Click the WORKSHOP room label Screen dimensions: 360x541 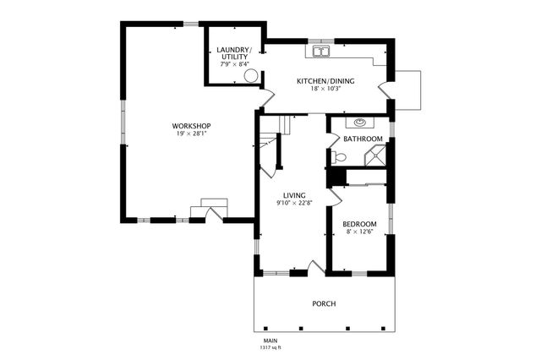click(x=192, y=126)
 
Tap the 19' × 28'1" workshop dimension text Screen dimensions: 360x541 click(x=192, y=134)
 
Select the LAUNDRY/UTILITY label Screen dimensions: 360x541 click(x=234, y=53)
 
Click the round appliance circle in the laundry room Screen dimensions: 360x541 click(x=251, y=76)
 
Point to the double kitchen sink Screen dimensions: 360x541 click(x=322, y=52)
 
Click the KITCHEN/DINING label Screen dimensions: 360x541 click(x=325, y=80)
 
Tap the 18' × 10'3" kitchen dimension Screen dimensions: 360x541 click(x=325, y=88)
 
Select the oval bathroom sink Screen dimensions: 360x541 click(x=360, y=123)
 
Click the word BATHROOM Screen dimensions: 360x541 click(x=363, y=139)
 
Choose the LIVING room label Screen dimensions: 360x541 click(x=294, y=195)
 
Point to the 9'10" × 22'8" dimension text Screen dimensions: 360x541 click(x=294, y=203)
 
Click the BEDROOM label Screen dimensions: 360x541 click(x=359, y=224)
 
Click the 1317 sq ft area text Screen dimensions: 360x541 click(x=270, y=347)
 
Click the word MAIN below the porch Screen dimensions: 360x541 click(x=270, y=341)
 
